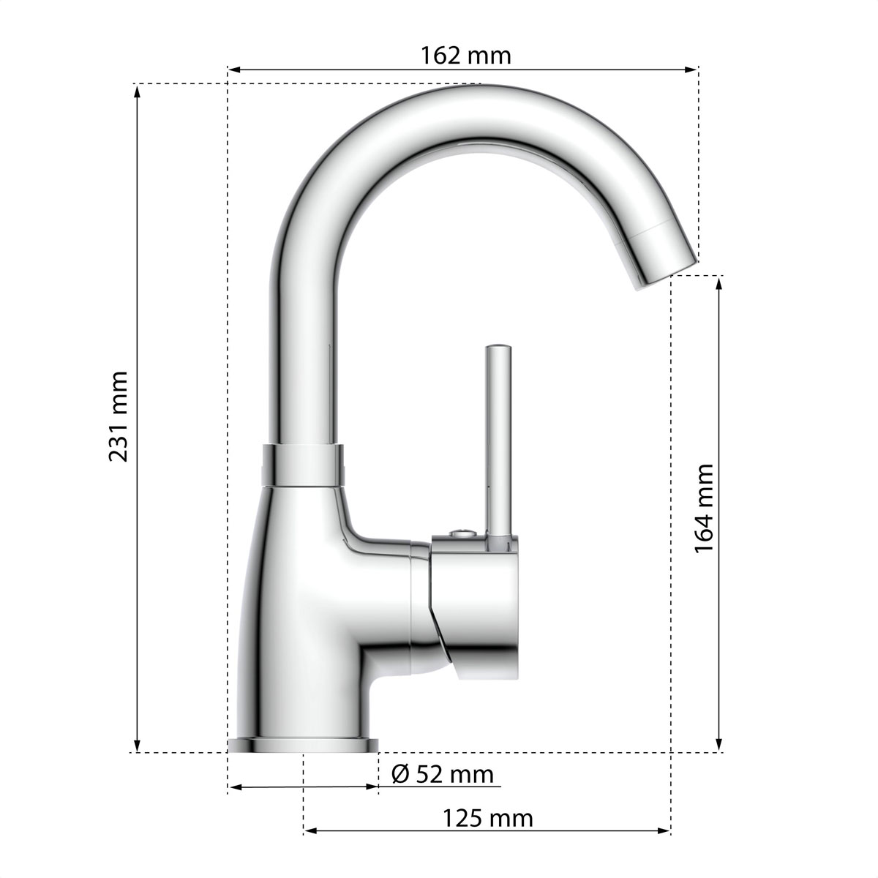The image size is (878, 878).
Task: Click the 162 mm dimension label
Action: click(465, 55)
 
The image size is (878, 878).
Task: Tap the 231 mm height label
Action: click(119, 416)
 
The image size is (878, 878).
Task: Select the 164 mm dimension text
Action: click(703, 508)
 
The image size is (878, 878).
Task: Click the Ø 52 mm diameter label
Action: click(443, 773)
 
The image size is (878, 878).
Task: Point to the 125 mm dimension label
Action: click(487, 818)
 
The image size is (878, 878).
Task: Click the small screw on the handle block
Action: click(462, 533)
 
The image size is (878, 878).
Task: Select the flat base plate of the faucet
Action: click(303, 745)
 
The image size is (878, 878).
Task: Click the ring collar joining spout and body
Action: click(302, 465)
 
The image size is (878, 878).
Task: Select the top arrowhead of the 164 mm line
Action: click(718, 282)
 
